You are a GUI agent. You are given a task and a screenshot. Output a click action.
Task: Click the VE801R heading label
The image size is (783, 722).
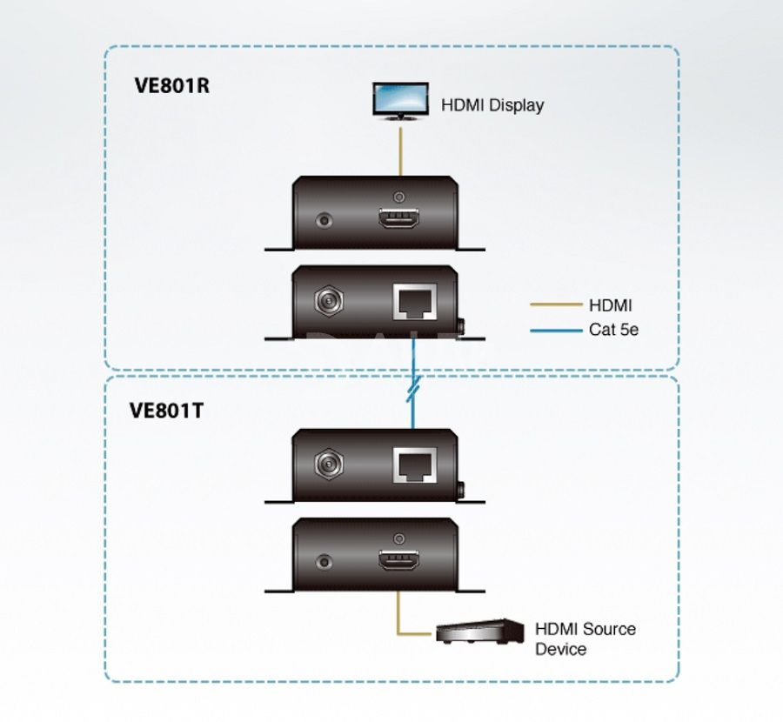tap(171, 85)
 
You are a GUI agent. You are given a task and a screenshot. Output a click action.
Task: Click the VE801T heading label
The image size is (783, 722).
tap(167, 411)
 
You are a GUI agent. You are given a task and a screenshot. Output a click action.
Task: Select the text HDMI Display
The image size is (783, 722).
tap(492, 105)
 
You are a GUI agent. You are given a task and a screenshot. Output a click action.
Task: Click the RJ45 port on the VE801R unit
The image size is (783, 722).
tap(414, 301)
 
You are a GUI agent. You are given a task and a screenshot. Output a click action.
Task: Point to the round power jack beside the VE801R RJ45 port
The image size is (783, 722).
tap(330, 301)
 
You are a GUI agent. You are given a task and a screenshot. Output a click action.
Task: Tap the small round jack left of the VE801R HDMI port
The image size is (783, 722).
tap(325, 220)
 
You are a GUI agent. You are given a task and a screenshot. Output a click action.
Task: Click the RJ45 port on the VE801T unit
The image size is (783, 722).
tap(414, 465)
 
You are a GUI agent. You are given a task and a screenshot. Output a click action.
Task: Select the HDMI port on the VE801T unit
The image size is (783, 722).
tap(398, 561)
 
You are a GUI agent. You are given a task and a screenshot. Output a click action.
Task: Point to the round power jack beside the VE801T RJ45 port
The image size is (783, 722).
tap(330, 465)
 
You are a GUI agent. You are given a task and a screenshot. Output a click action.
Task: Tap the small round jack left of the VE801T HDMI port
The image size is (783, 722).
tap(325, 563)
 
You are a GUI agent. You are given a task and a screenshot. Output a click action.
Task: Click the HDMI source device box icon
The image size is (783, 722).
tap(480, 631)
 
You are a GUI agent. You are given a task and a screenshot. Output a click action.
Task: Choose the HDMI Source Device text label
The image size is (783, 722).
tap(586, 638)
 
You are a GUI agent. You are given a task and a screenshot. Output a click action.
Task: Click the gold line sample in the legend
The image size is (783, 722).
tap(556, 304)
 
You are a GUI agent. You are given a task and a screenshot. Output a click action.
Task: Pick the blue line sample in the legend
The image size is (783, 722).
tap(556, 331)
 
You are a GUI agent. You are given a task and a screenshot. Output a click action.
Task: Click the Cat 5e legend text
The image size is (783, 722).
tap(613, 330)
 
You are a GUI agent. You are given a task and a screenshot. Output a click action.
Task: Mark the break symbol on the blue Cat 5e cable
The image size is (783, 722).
tap(413, 389)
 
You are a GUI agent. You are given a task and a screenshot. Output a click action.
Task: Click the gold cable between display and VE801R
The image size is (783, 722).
tap(400, 151)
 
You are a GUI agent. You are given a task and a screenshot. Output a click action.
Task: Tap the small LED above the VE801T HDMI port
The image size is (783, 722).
tap(398, 538)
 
